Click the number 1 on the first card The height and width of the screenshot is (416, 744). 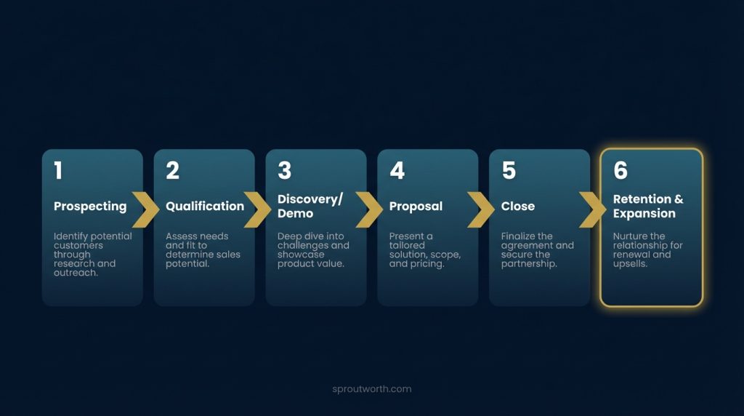point(58,171)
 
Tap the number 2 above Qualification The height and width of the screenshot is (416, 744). point(172,171)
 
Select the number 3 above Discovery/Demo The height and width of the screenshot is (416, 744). point(284,171)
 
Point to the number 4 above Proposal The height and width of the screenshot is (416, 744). point(397,171)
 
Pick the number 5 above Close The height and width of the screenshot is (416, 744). point(509,171)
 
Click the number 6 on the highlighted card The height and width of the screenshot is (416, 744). point(620,171)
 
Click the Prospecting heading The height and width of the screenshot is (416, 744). point(90,207)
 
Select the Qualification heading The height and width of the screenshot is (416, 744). point(205,207)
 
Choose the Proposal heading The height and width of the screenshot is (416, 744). point(416,207)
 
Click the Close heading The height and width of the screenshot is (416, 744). point(518,207)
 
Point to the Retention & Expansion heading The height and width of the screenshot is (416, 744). point(648,207)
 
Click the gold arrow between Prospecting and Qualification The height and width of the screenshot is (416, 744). point(147,209)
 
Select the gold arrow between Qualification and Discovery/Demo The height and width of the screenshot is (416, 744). point(259,209)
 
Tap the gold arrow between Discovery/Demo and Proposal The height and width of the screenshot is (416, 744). point(371,209)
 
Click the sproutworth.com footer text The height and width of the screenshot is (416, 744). point(371,389)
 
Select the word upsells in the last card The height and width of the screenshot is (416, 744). point(630,264)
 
